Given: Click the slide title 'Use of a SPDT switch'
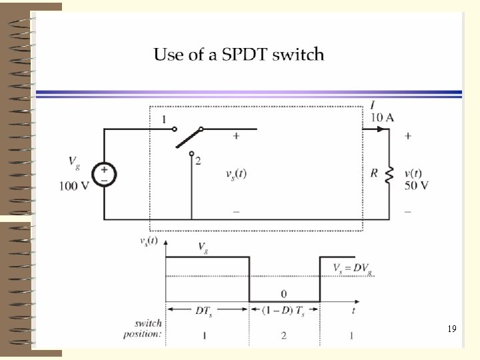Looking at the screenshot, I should click(x=239, y=55).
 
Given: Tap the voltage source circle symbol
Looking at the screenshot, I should click(x=104, y=175).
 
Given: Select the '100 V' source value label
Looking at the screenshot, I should click(x=73, y=186).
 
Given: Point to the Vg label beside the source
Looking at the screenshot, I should click(x=75, y=161).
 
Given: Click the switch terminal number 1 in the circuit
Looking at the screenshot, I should click(x=163, y=120).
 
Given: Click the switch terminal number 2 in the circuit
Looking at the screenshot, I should click(x=198, y=161).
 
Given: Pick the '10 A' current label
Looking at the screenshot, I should click(x=382, y=118).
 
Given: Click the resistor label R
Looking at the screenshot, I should click(x=375, y=174).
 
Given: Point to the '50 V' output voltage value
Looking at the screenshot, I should click(x=417, y=185).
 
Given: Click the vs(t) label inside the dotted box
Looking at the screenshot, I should click(x=236, y=174).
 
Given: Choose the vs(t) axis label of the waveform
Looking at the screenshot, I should click(x=148, y=241).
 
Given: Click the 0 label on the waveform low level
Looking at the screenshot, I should click(x=283, y=293).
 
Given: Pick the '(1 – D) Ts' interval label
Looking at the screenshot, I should click(x=284, y=311).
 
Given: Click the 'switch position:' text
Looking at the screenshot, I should click(x=143, y=329).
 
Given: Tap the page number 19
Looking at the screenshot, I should click(x=451, y=329).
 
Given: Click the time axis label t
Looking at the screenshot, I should click(x=353, y=310).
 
